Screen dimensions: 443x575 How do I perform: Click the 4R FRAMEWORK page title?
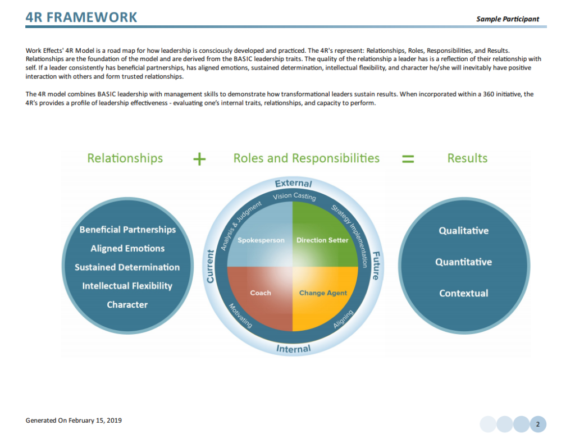(81, 17)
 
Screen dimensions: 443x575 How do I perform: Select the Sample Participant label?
(507, 19)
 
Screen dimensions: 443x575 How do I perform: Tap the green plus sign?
(199, 159)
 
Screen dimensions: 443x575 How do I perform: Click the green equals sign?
(408, 159)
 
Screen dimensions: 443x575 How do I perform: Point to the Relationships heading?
(125, 158)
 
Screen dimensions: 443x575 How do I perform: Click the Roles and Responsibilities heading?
(306, 158)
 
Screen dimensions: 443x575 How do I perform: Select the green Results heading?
(467, 158)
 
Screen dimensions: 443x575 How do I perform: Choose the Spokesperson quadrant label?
(261, 240)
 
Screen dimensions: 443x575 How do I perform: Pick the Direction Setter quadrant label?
(322, 240)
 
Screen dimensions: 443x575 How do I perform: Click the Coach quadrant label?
(261, 293)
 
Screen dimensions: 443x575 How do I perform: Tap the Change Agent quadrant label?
(323, 293)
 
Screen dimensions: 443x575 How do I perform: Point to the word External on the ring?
(293, 184)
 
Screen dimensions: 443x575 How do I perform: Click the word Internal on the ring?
(293, 349)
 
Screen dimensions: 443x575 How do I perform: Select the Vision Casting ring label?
(294, 197)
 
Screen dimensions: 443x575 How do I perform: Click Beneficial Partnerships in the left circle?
(127, 230)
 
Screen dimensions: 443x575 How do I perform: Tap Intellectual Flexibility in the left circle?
(127, 286)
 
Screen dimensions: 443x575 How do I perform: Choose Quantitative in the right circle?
(463, 262)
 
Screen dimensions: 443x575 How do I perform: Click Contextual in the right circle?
(463, 293)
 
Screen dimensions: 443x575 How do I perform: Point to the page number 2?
(537, 424)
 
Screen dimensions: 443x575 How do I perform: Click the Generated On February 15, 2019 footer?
(74, 420)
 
